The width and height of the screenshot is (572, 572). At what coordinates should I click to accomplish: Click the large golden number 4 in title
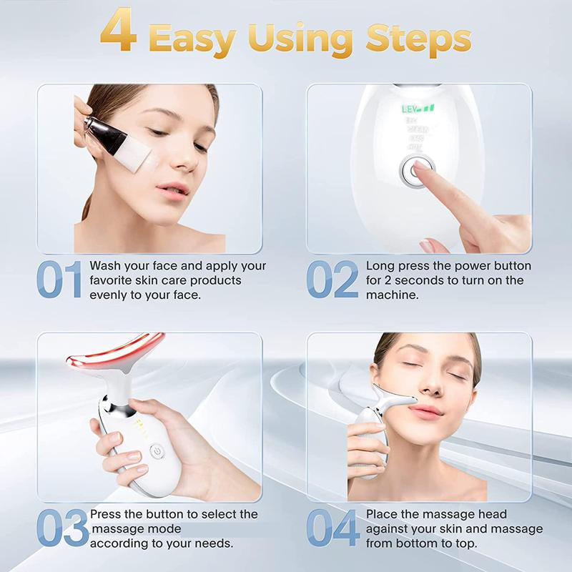click(x=119, y=31)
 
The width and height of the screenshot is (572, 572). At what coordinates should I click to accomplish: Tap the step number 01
click(x=59, y=280)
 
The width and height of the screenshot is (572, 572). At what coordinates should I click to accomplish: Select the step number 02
click(x=332, y=280)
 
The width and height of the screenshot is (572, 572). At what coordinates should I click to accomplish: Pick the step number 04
click(x=332, y=529)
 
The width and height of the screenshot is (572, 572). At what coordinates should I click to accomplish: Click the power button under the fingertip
click(x=416, y=171)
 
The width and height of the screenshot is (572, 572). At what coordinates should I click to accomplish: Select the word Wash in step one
click(x=104, y=266)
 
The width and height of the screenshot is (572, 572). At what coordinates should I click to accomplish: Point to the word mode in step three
click(x=166, y=529)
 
